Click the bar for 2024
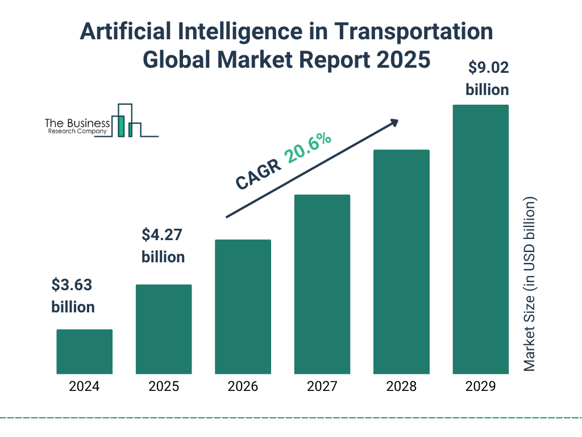[x=84, y=352]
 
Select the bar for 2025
[x=164, y=329]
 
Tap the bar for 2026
[x=243, y=307]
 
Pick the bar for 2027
[x=322, y=284]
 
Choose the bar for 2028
[x=401, y=262]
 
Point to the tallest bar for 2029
[x=480, y=239]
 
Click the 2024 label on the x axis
[x=84, y=387]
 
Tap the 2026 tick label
[x=243, y=387]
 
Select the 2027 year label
[x=322, y=387]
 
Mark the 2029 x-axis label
[x=480, y=387]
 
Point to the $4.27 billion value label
[x=163, y=246]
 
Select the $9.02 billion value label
[x=487, y=79]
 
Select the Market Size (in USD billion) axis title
[x=530, y=285]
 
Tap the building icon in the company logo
[x=128, y=121]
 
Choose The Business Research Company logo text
[x=77, y=127]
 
